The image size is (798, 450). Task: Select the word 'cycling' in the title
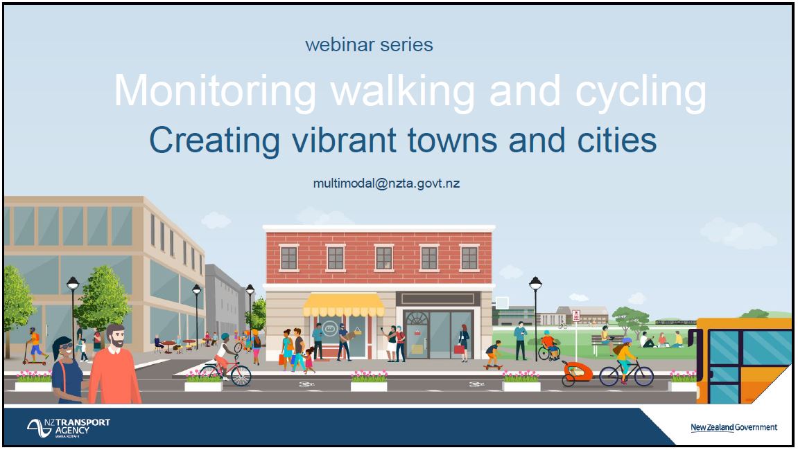(640, 93)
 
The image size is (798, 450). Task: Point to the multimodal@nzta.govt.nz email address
(386, 183)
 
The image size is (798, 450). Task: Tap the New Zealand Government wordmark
(734, 427)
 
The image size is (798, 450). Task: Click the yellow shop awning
(343, 305)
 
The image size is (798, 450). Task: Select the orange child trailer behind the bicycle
(577, 372)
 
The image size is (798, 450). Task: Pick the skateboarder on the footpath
(493, 354)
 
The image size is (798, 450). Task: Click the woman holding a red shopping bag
(463, 343)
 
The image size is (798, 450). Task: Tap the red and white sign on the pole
(576, 316)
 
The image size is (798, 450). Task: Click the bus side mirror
(692, 338)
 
